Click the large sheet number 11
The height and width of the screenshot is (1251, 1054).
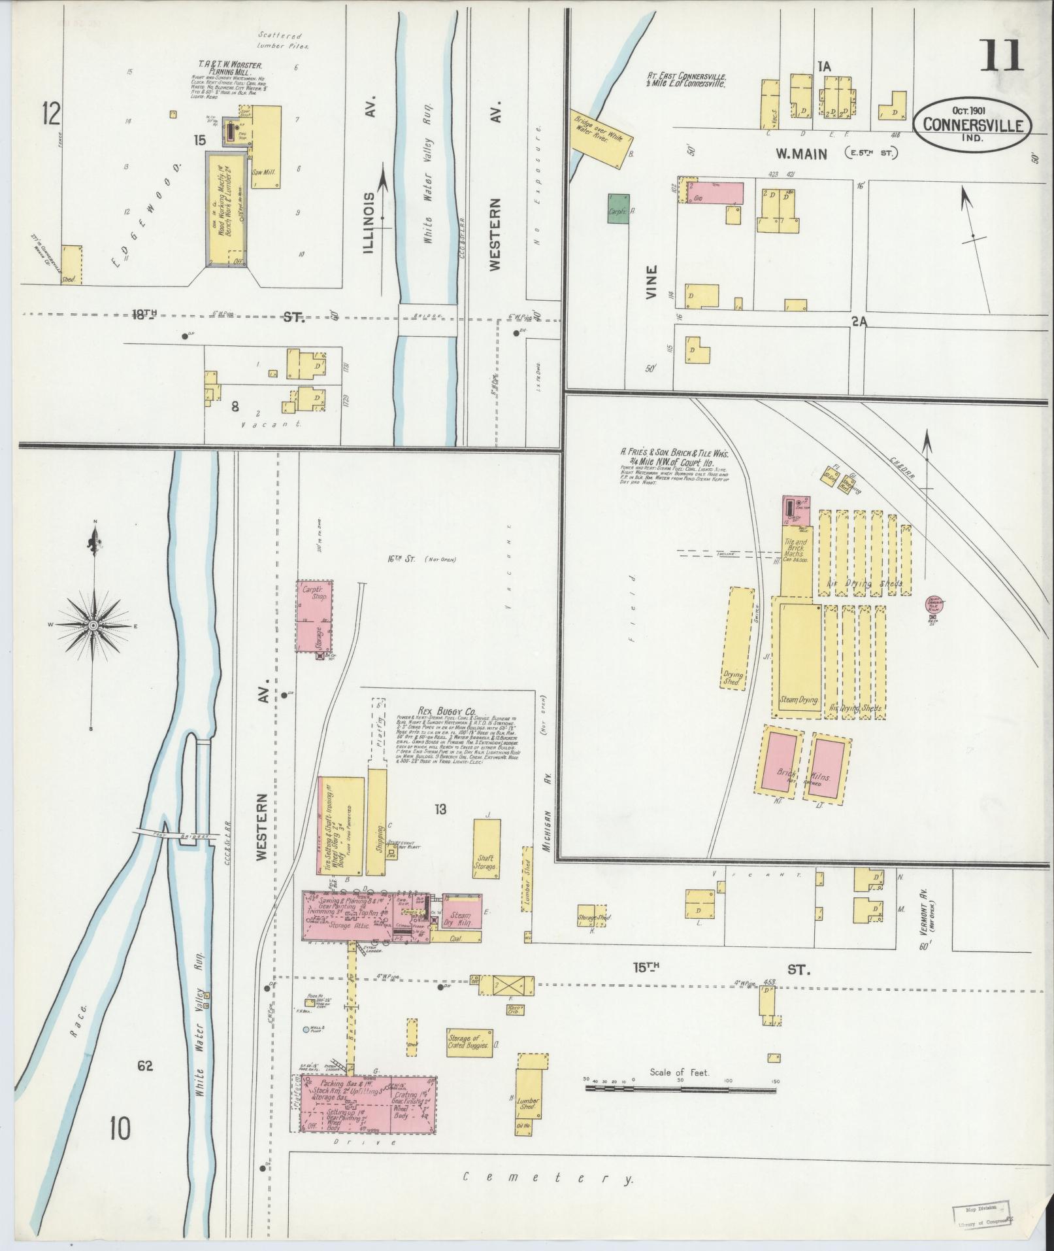coord(1000,57)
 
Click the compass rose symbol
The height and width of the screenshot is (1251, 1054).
coord(93,626)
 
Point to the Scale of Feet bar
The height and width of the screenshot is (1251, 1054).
coord(680,1090)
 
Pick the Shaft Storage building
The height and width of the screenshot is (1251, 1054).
coord(486,848)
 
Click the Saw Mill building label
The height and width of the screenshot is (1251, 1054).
coord(267,173)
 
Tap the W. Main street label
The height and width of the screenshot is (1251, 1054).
coord(802,154)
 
